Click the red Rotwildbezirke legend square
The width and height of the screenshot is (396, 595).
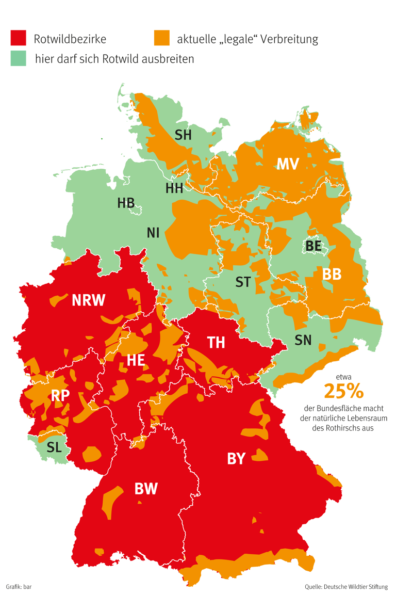click(18, 38)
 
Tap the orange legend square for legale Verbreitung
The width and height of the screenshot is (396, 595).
click(162, 38)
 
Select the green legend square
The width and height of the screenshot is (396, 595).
click(18, 59)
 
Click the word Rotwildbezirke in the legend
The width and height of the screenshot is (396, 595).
click(70, 39)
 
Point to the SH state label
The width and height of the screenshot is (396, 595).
click(183, 135)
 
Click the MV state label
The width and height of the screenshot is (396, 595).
click(288, 164)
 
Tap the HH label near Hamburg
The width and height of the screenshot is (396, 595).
click(174, 188)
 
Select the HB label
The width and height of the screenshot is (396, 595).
click(126, 203)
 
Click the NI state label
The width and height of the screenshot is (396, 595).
click(153, 233)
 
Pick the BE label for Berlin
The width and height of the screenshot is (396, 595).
click(313, 246)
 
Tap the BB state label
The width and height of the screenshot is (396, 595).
click(332, 274)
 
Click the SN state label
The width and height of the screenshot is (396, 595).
click(303, 340)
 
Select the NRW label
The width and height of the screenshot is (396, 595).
click(89, 300)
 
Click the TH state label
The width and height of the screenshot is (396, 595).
click(216, 342)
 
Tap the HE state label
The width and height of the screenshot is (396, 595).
click(136, 360)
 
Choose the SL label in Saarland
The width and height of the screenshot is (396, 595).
click(54, 447)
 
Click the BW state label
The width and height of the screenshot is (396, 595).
click(146, 489)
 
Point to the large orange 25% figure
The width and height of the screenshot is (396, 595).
click(343, 391)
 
